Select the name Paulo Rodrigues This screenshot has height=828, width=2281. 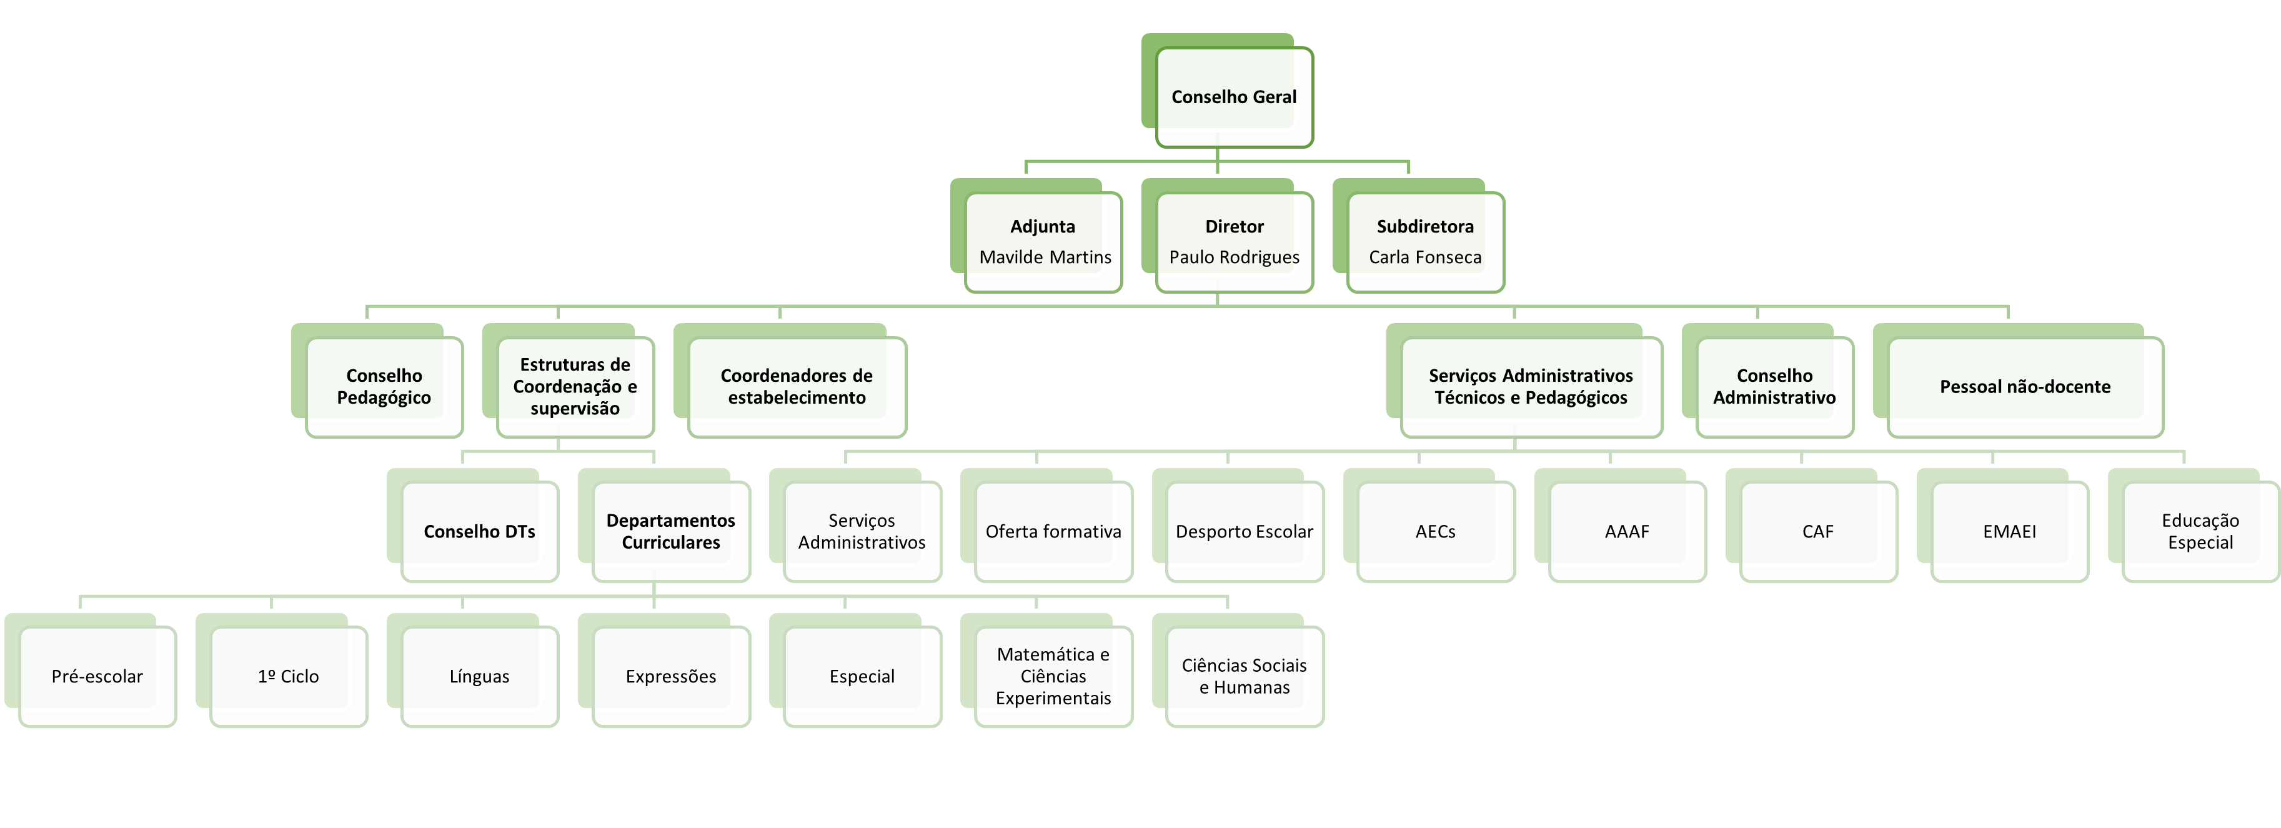click(1233, 257)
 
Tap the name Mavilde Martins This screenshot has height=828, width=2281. click(1045, 257)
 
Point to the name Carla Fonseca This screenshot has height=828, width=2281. click(1424, 257)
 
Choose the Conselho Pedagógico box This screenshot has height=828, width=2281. click(384, 387)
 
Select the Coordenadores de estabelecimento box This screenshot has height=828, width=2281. click(796, 387)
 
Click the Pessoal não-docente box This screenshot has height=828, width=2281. click(2024, 387)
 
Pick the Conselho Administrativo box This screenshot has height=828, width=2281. click(1774, 387)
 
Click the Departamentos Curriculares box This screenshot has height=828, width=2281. click(670, 531)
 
